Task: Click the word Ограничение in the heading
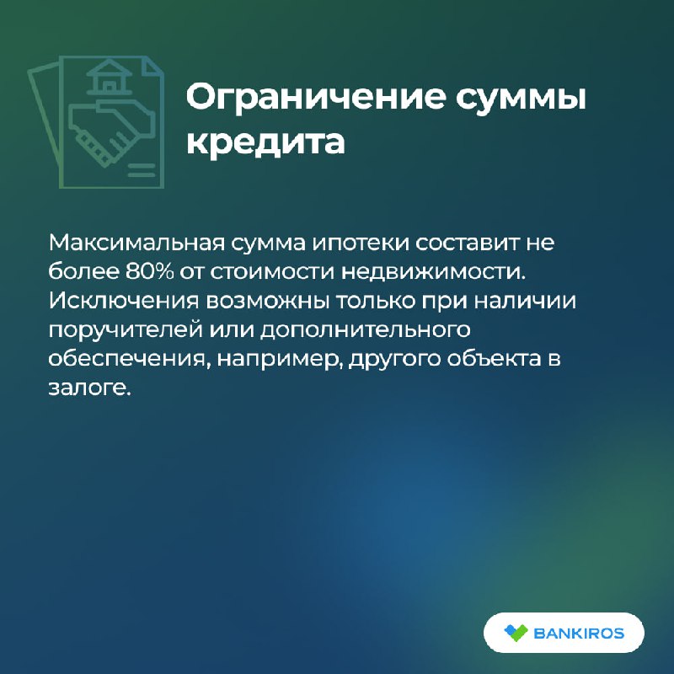(316, 97)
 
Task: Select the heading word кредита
(265, 142)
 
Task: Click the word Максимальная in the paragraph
(136, 243)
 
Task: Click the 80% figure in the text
(150, 271)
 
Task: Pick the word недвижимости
(434, 272)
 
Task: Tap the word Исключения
(124, 301)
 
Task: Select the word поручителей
(125, 330)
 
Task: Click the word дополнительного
(365, 330)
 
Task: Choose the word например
(280, 361)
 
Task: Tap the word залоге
(89, 388)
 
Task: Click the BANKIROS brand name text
(579, 634)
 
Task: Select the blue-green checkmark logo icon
(516, 633)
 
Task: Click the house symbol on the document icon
(110, 78)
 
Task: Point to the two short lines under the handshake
(141, 170)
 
